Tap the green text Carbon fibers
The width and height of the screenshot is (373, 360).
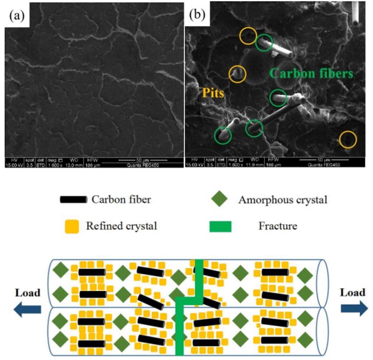tap(312, 73)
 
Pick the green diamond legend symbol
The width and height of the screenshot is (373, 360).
tap(219, 200)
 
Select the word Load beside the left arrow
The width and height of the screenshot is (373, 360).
tap(28, 293)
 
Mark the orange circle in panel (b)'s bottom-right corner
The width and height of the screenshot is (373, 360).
tap(348, 140)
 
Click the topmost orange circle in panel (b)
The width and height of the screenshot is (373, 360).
tap(248, 36)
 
